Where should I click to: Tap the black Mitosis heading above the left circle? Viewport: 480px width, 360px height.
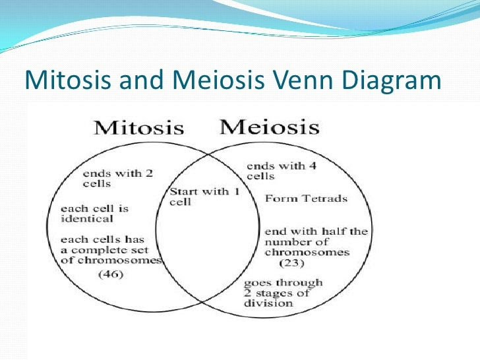tap(138, 128)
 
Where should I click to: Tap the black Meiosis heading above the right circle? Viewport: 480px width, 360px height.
tap(270, 127)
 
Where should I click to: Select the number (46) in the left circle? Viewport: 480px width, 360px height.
tap(111, 274)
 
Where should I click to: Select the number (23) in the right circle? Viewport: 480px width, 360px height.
tap(291, 263)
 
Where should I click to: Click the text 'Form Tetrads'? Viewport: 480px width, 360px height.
tap(306, 198)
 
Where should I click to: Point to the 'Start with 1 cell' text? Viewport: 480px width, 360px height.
tap(204, 196)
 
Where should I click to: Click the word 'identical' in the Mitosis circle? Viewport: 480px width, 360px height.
tap(87, 219)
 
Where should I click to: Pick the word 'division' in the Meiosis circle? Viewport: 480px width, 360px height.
tap(268, 303)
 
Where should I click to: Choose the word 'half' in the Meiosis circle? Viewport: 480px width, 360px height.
tap(332, 231)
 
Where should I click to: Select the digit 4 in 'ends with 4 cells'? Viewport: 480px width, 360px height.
tap(313, 166)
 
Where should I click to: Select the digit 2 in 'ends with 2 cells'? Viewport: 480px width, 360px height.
tap(149, 173)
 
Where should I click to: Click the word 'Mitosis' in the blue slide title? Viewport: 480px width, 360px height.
tap(68, 80)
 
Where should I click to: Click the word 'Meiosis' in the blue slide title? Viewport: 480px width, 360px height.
tap(218, 80)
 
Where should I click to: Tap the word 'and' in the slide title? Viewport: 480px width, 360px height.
tap(141, 80)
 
